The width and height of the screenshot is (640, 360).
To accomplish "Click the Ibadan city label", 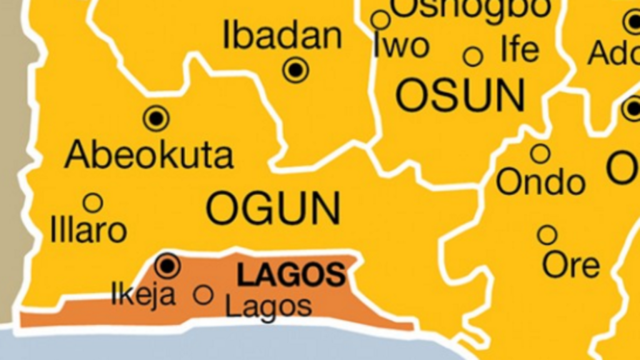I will (x=282, y=36).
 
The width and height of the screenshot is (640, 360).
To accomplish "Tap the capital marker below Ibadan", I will (x=296, y=69).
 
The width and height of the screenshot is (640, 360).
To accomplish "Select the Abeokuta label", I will (x=149, y=154).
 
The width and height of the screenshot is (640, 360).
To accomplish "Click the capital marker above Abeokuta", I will (x=156, y=117).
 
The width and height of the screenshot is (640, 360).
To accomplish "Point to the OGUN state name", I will (x=274, y=209).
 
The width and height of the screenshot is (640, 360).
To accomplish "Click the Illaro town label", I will (x=89, y=231).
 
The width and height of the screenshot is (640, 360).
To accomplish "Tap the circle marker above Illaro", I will (x=93, y=202).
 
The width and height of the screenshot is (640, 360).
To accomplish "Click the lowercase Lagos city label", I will (x=268, y=307).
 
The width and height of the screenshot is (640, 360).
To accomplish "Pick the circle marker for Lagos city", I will (x=203, y=294).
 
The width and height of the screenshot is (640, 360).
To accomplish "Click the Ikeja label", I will (x=143, y=294).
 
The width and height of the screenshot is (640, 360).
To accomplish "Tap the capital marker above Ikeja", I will (x=167, y=266).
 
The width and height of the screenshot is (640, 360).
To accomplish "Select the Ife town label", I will (x=519, y=50).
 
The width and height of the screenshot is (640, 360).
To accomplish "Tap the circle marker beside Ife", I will (x=473, y=57).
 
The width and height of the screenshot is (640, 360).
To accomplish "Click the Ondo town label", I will (x=541, y=182).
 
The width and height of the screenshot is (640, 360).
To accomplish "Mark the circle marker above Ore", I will (x=547, y=235).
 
